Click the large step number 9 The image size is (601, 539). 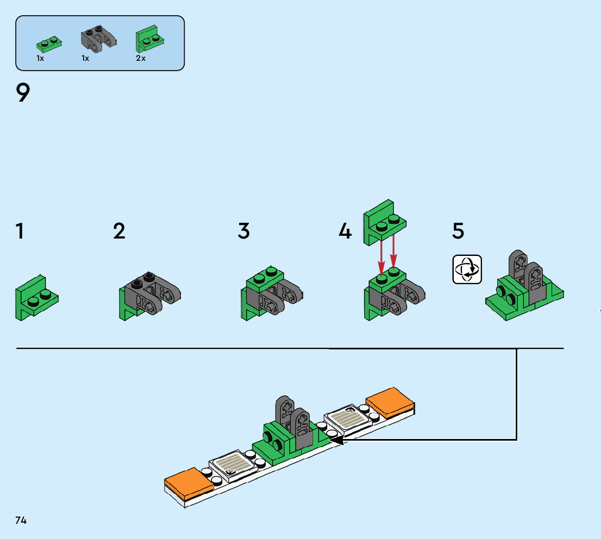click(x=23, y=93)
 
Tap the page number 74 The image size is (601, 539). click(x=21, y=520)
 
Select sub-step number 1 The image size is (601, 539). click(x=20, y=231)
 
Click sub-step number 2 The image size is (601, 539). click(x=119, y=231)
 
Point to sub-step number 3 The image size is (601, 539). click(x=244, y=231)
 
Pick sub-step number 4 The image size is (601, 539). click(x=345, y=231)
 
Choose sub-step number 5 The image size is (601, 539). click(x=458, y=231)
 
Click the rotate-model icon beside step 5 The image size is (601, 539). click(x=467, y=269)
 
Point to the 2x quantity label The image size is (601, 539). click(x=141, y=58)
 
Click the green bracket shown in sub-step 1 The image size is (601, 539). click(x=36, y=297)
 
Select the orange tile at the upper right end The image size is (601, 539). click(x=391, y=403)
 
